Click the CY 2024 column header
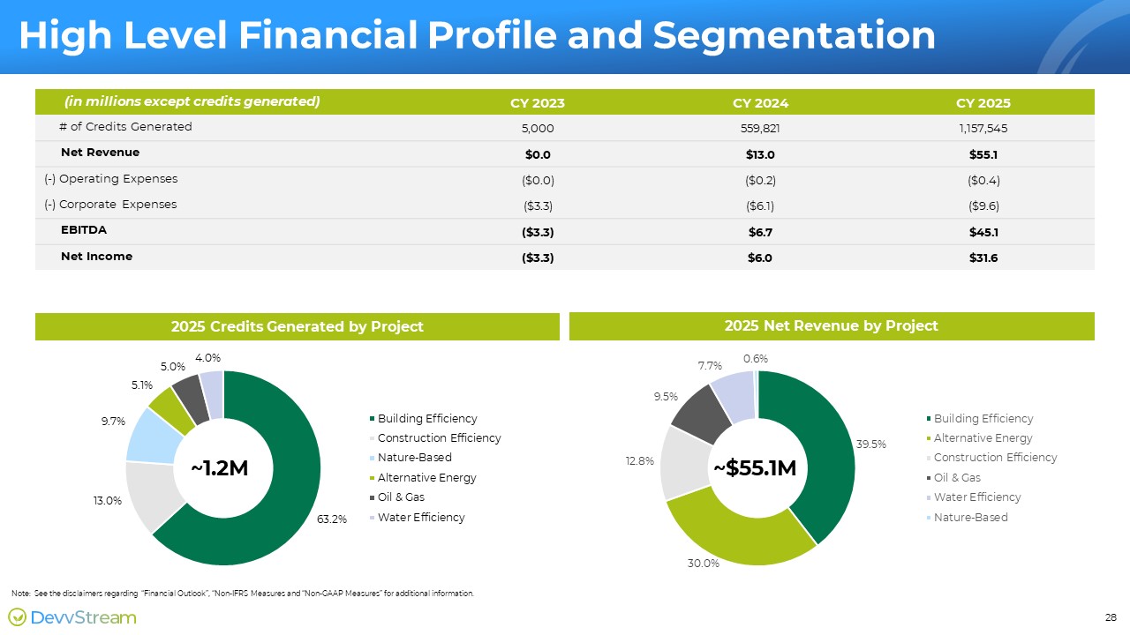pos(760,103)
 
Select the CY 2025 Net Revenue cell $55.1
pos(983,154)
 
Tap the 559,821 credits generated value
pos(760,129)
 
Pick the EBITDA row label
pos(84,230)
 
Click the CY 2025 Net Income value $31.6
pos(983,258)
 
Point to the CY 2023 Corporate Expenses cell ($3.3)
pos(538,206)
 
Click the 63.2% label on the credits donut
pos(331,519)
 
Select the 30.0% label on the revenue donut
pos(704,564)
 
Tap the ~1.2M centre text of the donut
pos(220,468)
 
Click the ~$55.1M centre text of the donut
pos(755,468)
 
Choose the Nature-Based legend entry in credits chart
pos(411,458)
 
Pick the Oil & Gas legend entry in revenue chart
pos(953,477)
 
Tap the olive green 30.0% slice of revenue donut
pos(736,534)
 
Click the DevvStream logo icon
pos(17,616)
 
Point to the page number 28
pos(1111,617)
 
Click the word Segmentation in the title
pos(794,36)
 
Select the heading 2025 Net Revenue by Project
pos(832,326)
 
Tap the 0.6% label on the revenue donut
pos(755,359)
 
